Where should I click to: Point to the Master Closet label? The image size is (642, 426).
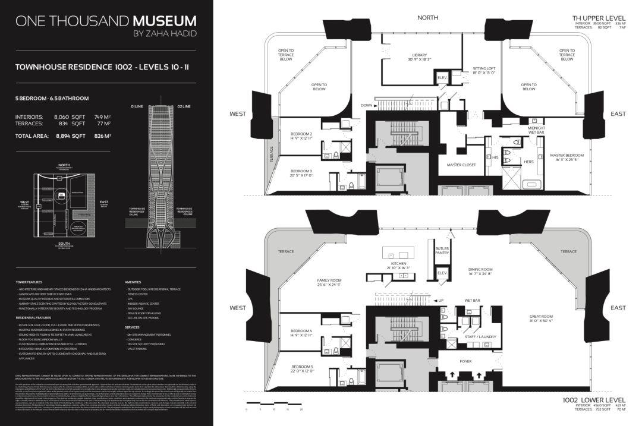pos(461,165)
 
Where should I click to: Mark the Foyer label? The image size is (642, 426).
pos(465,361)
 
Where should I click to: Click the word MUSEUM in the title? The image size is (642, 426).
pos(164,21)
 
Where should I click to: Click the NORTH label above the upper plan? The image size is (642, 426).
pos(427,18)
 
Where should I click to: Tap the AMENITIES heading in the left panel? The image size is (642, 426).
pos(133,282)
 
